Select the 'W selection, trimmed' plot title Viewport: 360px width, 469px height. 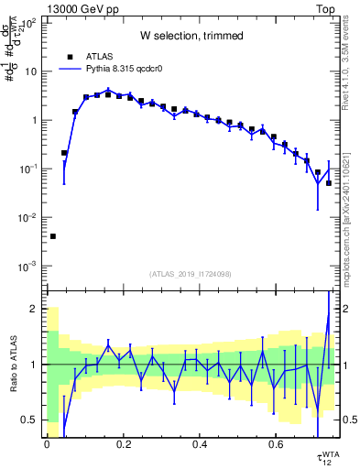coord(191,36)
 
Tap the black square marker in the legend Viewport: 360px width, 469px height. coord(70,56)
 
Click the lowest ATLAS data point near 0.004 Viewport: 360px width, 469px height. coord(52,236)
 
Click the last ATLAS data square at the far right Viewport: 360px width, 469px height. coord(329,183)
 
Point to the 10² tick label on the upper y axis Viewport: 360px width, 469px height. coord(29,23)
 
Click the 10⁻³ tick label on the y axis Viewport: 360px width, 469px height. coord(29,267)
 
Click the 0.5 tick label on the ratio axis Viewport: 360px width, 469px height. coord(32,420)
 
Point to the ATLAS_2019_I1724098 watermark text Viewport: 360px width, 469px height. coord(191,274)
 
